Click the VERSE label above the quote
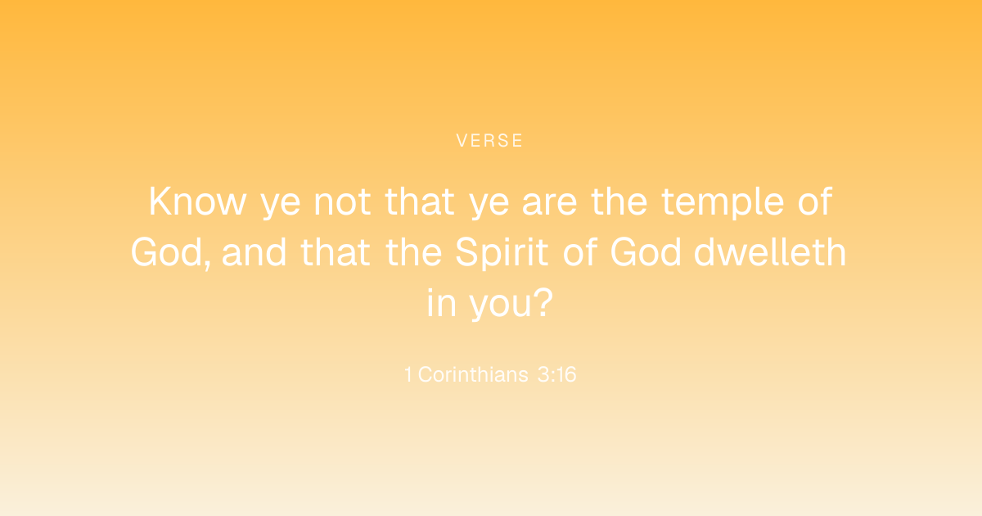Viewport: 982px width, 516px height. (x=489, y=140)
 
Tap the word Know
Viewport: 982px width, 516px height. (x=197, y=201)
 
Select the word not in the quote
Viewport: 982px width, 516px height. (x=342, y=202)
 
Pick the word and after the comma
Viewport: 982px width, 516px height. (x=254, y=252)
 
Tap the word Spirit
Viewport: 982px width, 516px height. (x=502, y=253)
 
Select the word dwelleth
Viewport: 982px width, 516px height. (x=770, y=252)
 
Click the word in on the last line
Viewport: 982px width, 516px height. (x=441, y=302)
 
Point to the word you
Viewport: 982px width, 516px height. (x=501, y=306)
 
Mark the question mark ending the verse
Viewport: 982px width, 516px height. (x=544, y=302)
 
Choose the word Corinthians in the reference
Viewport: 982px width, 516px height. (x=473, y=374)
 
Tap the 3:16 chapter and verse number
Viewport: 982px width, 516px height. (x=556, y=374)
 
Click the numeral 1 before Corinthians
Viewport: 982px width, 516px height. (x=408, y=374)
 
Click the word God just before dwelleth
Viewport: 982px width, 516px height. (x=646, y=252)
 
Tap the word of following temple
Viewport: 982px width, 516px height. (x=814, y=201)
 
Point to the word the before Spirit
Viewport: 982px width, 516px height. (x=413, y=252)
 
